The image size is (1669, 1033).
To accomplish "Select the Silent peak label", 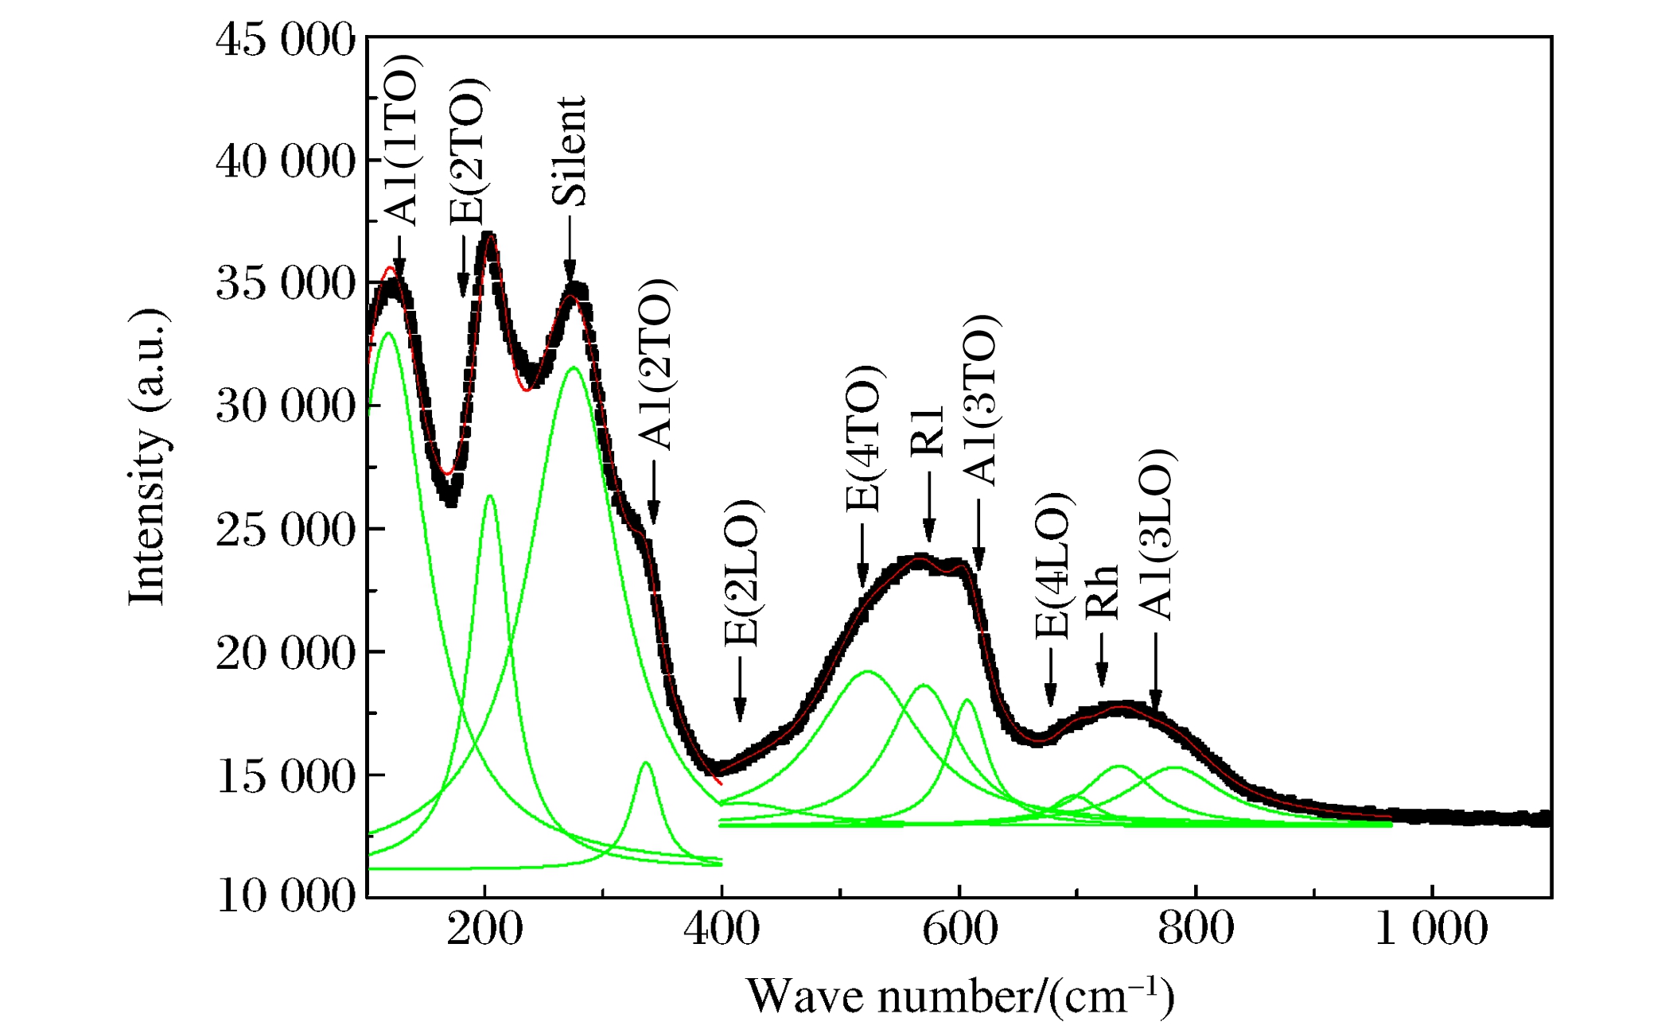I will pos(570,151).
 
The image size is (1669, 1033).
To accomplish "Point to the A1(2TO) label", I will pos(656,365).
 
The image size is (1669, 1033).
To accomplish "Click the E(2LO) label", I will pos(743,573).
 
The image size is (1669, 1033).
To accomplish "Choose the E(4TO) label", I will pos(863,439).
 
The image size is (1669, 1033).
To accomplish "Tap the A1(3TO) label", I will pos(981,400).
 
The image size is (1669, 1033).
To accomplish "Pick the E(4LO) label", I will pos(1053,566).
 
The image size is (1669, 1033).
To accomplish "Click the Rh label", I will pos(1103,592).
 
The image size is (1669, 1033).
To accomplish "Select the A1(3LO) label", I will pos(1156,534).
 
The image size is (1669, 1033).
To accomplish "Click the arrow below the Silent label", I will pos(570,248).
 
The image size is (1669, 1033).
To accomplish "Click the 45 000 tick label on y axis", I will pos(285,40).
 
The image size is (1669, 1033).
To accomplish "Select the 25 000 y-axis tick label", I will pos(285,530).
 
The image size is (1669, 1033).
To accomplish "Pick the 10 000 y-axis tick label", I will pos(285,896).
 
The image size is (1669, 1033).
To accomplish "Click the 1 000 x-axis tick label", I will pos(1431,929).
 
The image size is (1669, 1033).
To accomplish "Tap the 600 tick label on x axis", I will pos(959,929).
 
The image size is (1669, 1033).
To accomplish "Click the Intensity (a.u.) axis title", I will pos(148,457).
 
